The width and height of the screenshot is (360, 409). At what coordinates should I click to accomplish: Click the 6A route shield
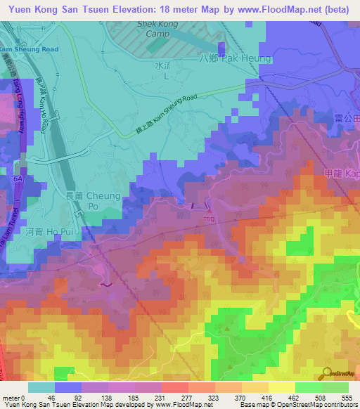point(18,179)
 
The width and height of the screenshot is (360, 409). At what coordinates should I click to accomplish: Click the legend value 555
point(345,397)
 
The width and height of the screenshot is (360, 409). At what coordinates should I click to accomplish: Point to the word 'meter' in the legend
point(11,397)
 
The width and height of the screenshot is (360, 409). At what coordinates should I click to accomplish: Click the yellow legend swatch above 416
point(282,387)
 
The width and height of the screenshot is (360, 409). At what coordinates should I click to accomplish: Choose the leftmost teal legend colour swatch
point(41,387)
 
